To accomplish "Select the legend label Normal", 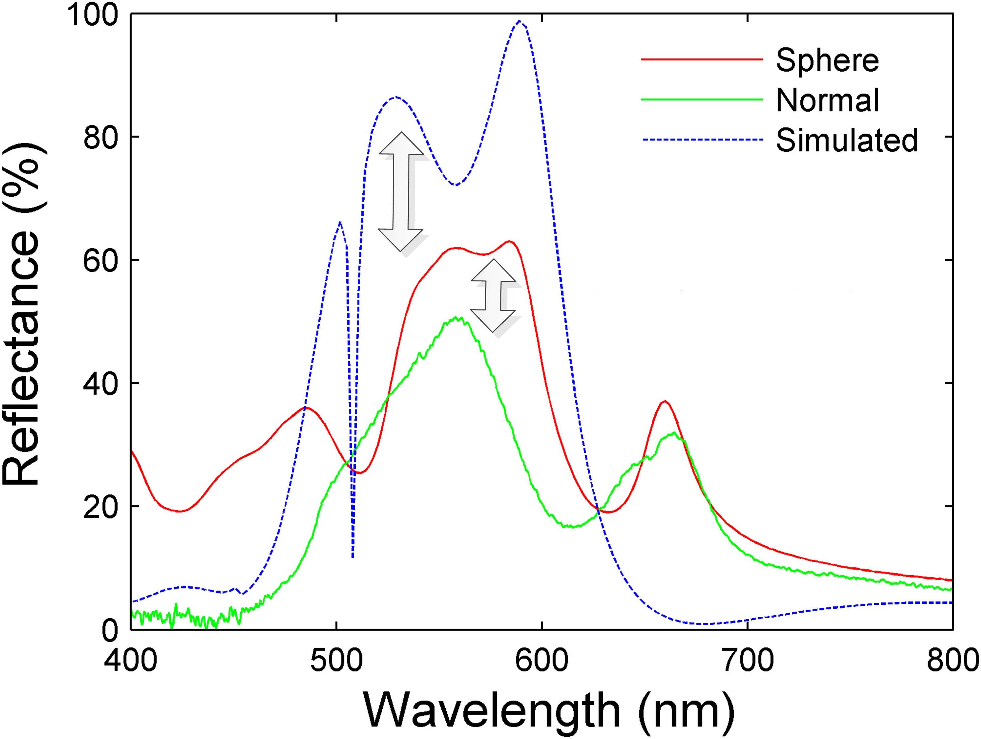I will (x=827, y=100).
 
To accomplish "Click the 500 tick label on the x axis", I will (x=337, y=661).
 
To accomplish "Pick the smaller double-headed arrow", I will (x=493, y=296).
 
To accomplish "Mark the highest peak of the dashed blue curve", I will (x=519, y=21).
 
